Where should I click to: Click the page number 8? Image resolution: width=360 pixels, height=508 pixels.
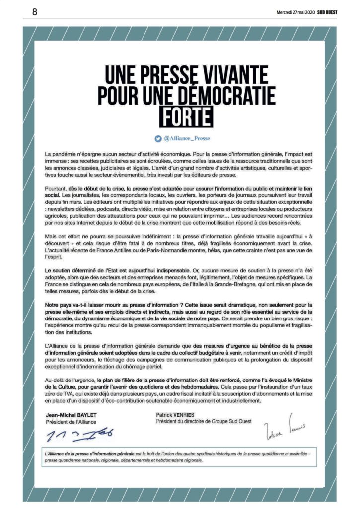(35, 12)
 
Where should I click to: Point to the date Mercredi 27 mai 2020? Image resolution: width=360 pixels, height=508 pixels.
(296, 12)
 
